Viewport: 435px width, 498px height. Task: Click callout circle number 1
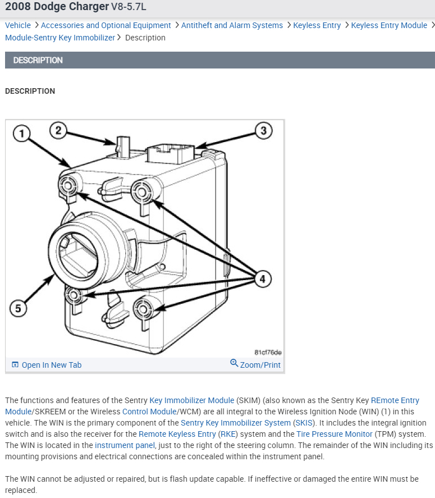[x=21, y=134]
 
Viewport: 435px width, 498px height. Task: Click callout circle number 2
[x=58, y=131]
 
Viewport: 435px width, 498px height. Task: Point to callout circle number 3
[x=264, y=131]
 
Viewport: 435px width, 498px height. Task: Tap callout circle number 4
[x=262, y=278]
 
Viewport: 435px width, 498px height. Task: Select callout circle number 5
[x=18, y=308]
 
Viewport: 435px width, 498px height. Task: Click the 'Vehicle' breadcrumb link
[x=18, y=25]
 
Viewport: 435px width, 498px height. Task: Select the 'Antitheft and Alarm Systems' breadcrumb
[x=232, y=25]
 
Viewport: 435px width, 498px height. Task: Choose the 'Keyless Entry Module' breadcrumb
[x=389, y=25]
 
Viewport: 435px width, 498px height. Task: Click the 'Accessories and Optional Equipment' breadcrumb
[x=106, y=25]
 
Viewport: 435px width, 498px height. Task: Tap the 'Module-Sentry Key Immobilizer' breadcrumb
[x=60, y=38]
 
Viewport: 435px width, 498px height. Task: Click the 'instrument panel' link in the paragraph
[x=125, y=445]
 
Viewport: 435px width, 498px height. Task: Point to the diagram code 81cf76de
[x=268, y=352]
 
